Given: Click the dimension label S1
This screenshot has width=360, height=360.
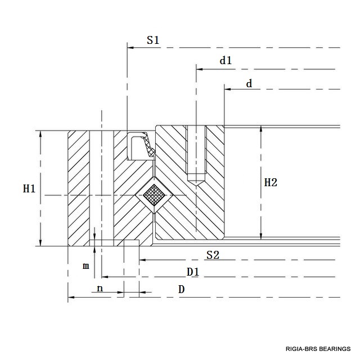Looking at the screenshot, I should pyautogui.click(x=153, y=40).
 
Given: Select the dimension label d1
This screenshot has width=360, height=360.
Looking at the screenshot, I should pyautogui.click(x=226, y=61).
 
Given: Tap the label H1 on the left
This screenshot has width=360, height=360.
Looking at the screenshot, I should pyautogui.click(x=29, y=189).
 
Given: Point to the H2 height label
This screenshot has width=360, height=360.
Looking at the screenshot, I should pyautogui.click(x=271, y=182).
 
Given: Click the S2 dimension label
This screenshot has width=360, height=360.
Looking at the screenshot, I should pyautogui.click(x=212, y=255).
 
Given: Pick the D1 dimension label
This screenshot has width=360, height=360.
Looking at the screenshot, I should pyautogui.click(x=193, y=272).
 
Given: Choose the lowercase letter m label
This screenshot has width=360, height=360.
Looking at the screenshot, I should pyautogui.click(x=85, y=266).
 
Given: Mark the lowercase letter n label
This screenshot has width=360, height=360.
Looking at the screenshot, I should pyautogui.click(x=100, y=289).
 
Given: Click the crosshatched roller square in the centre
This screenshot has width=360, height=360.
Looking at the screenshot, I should pyautogui.click(x=154, y=195).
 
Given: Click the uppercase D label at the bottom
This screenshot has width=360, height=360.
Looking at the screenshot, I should pyautogui.click(x=181, y=290).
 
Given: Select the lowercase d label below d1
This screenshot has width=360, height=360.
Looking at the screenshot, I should pyautogui.click(x=249, y=84).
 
